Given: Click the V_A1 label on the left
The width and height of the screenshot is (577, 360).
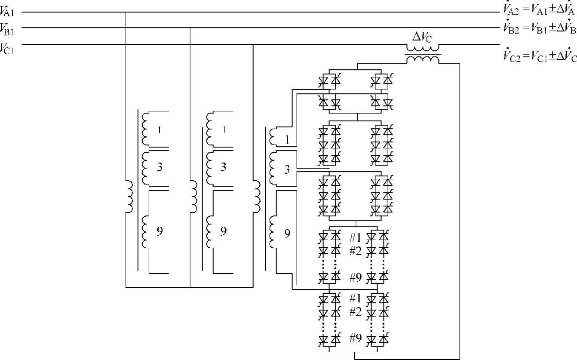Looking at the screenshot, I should coord(8,12).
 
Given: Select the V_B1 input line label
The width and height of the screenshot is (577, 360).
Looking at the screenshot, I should coord(8,28).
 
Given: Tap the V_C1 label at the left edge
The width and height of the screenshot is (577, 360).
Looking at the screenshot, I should coord(8,46).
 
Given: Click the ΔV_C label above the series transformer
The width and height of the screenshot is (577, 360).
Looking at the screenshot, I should coord(423,37).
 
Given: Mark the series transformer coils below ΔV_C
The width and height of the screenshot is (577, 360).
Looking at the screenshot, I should coord(423,53).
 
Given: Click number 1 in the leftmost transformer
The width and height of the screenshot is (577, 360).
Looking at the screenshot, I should coord(159,129).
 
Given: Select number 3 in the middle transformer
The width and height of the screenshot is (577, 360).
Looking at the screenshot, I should coord(223,168).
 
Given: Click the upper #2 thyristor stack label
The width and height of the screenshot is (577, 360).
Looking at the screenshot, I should coord(355,251).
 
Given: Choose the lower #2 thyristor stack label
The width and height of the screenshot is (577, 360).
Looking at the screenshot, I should coord(355,312).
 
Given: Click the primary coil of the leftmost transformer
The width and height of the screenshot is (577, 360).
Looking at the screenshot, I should coord(129,197).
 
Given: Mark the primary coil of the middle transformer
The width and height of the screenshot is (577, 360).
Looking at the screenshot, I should coord(193,197).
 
